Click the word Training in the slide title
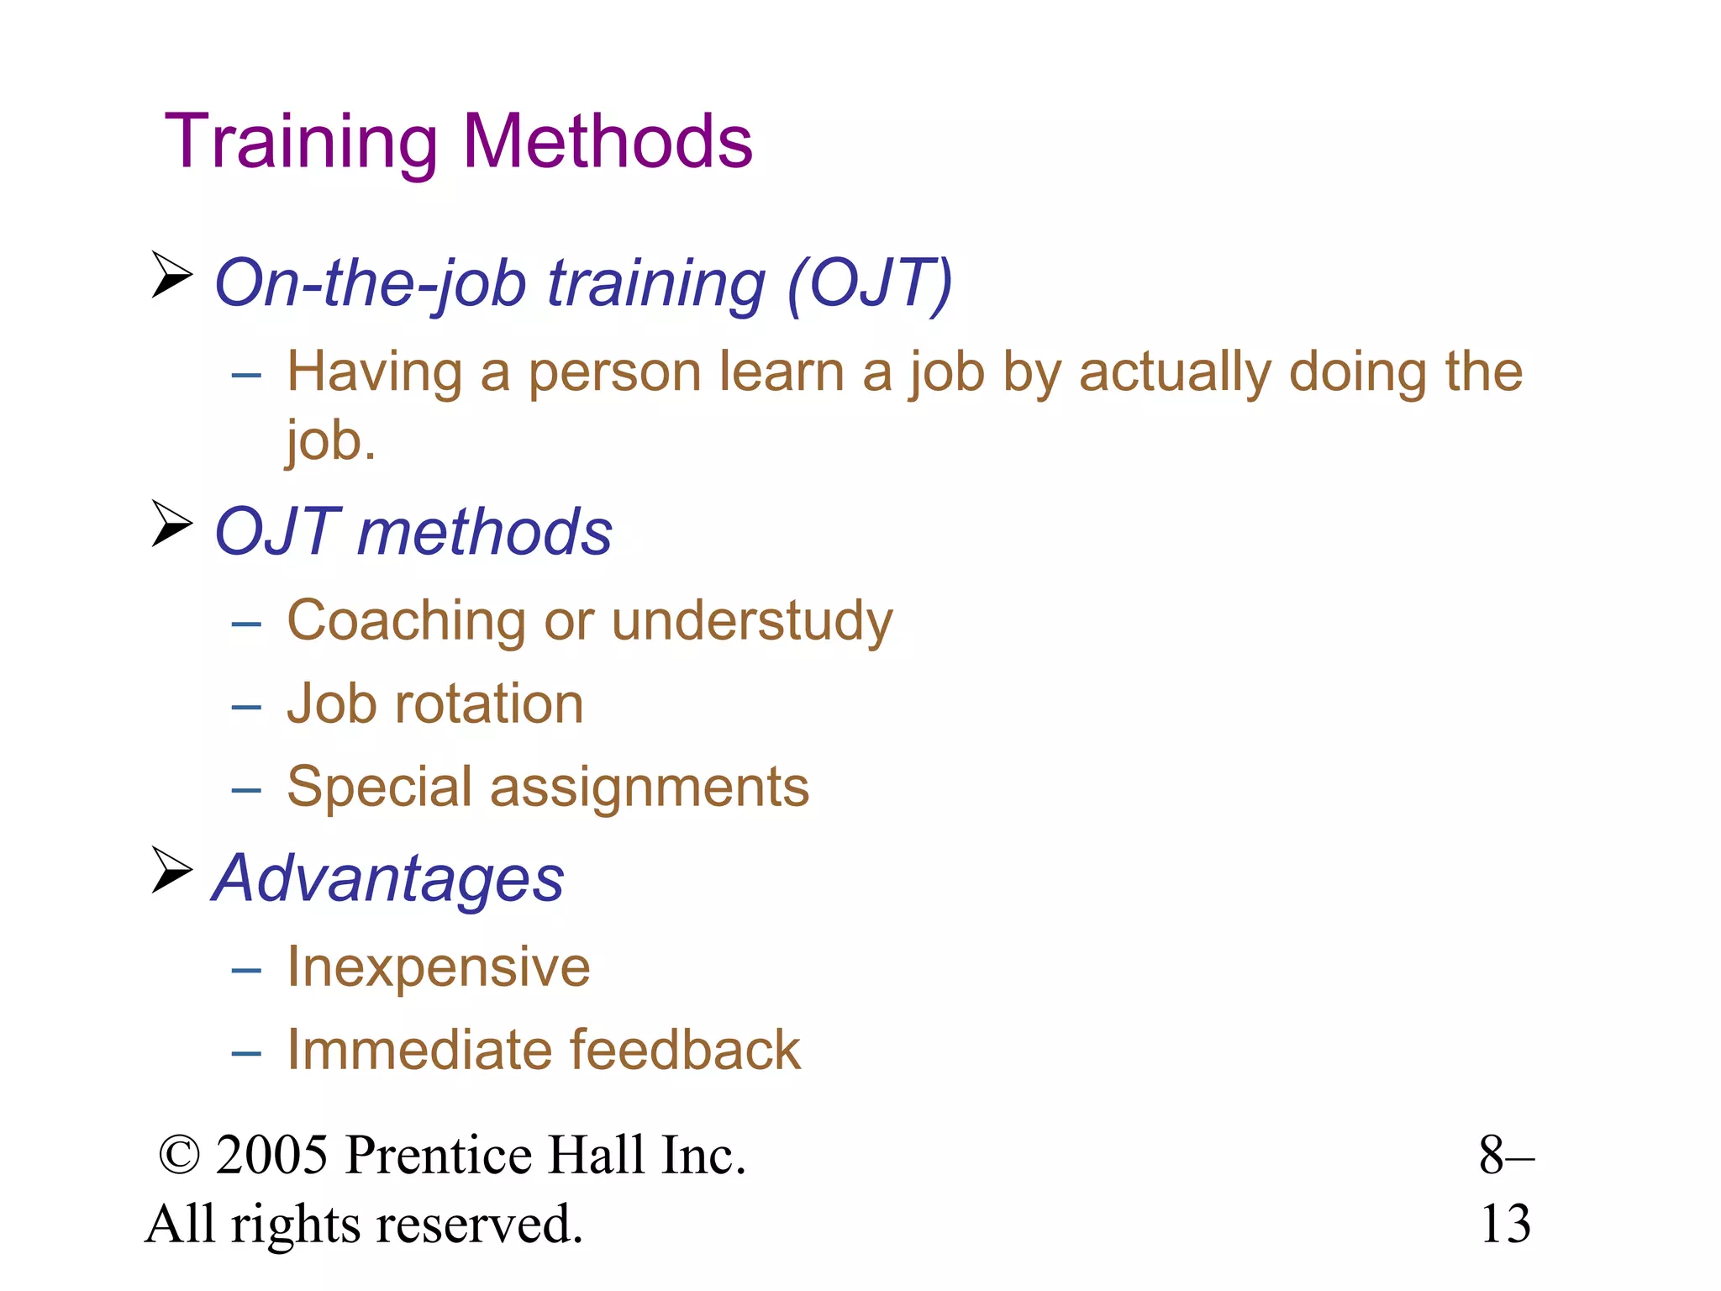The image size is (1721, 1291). pyautogui.click(x=301, y=143)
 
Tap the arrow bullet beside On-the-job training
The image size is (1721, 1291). pyautogui.click(x=172, y=275)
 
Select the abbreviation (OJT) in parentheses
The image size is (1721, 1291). pyautogui.click(x=870, y=284)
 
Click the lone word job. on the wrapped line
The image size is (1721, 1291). pyautogui.click(x=330, y=440)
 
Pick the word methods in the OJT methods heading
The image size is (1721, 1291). pyautogui.click(x=485, y=533)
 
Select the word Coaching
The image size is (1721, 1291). pyautogui.click(x=406, y=622)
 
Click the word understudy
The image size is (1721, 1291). pyautogui.click(x=752, y=622)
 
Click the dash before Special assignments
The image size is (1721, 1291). pyautogui.click(x=246, y=790)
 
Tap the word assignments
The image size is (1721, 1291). pyautogui.click(x=649, y=788)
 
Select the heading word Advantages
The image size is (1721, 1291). pyautogui.click(x=388, y=879)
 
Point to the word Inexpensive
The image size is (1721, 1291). pyautogui.click(x=438, y=967)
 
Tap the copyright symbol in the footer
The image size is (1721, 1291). pyautogui.click(x=180, y=1156)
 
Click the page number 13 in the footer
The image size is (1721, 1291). pyautogui.click(x=1505, y=1225)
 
